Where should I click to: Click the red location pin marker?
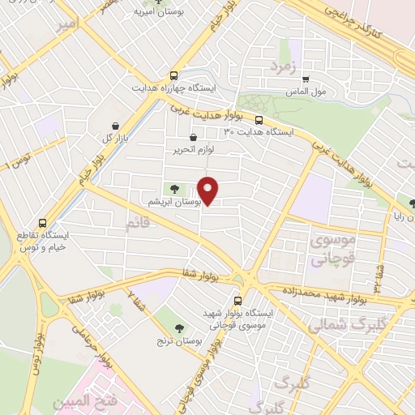click(209, 190)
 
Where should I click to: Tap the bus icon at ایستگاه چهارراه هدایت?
click(178, 74)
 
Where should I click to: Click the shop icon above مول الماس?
click(306, 79)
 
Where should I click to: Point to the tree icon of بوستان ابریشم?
click(176, 189)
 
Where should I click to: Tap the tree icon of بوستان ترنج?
click(179, 327)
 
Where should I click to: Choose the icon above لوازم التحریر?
click(193, 138)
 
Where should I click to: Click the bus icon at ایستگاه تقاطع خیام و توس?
click(42, 222)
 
